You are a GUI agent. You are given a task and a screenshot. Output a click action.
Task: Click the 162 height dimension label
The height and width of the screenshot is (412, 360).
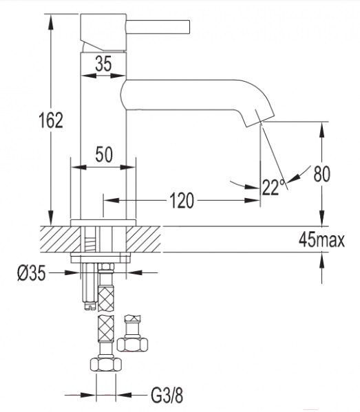51,120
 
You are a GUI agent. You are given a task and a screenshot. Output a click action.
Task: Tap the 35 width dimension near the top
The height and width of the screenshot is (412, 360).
103,63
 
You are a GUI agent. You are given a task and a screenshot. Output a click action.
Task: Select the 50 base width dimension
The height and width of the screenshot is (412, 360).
104,155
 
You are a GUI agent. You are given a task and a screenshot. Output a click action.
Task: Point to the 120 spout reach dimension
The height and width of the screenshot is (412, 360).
182,200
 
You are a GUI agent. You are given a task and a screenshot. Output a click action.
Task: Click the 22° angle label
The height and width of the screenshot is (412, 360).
273,187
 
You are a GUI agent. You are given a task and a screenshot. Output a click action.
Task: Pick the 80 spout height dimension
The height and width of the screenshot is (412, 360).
322,174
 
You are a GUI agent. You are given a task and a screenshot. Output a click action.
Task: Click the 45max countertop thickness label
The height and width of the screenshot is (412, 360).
321,239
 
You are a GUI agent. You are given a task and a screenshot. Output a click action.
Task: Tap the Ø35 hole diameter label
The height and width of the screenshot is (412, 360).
32,273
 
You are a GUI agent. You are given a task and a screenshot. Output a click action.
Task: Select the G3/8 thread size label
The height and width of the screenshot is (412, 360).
167,395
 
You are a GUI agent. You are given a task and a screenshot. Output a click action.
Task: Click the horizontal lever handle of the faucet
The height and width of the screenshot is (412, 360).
158,27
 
